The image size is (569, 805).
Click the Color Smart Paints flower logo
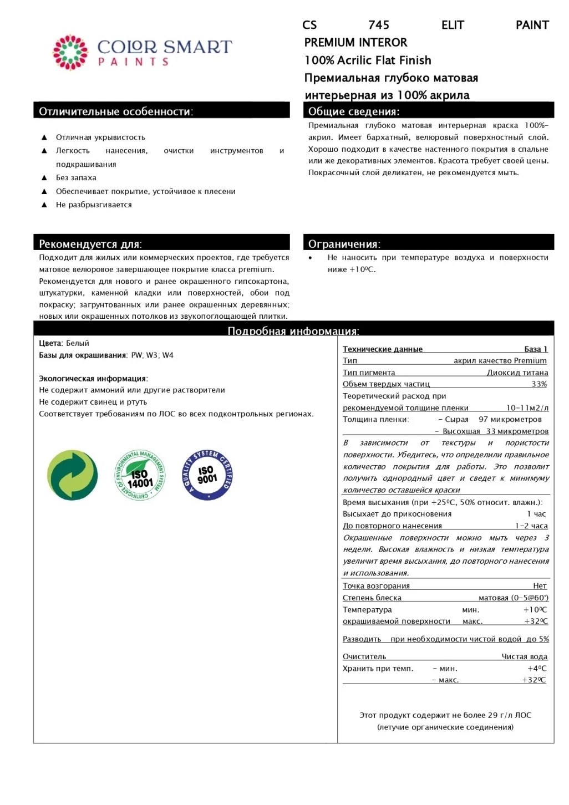coord(70,53)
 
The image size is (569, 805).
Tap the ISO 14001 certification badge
coord(140,475)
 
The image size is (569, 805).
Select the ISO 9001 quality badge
coord(207,475)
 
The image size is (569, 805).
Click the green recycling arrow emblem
coord(73,475)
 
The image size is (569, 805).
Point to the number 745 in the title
coord(379,25)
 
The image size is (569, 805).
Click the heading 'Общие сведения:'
coord(353,111)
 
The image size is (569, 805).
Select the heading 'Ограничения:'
coord(344,244)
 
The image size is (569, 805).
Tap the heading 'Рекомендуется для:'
coord(90,244)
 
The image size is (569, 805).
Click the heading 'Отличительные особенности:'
coord(116,111)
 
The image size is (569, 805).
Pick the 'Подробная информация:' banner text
coord(293,331)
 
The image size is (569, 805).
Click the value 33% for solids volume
coord(539,384)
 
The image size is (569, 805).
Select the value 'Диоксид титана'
coord(517,373)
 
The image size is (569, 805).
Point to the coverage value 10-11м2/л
coord(527,407)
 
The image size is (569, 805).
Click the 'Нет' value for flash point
coord(540,585)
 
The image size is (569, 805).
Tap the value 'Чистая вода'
coord(524,656)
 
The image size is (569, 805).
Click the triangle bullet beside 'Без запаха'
coord(44,177)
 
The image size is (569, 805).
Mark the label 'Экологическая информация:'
coord(93,379)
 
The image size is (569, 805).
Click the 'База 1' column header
coord(536,349)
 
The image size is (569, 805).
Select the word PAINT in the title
coord(532,25)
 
